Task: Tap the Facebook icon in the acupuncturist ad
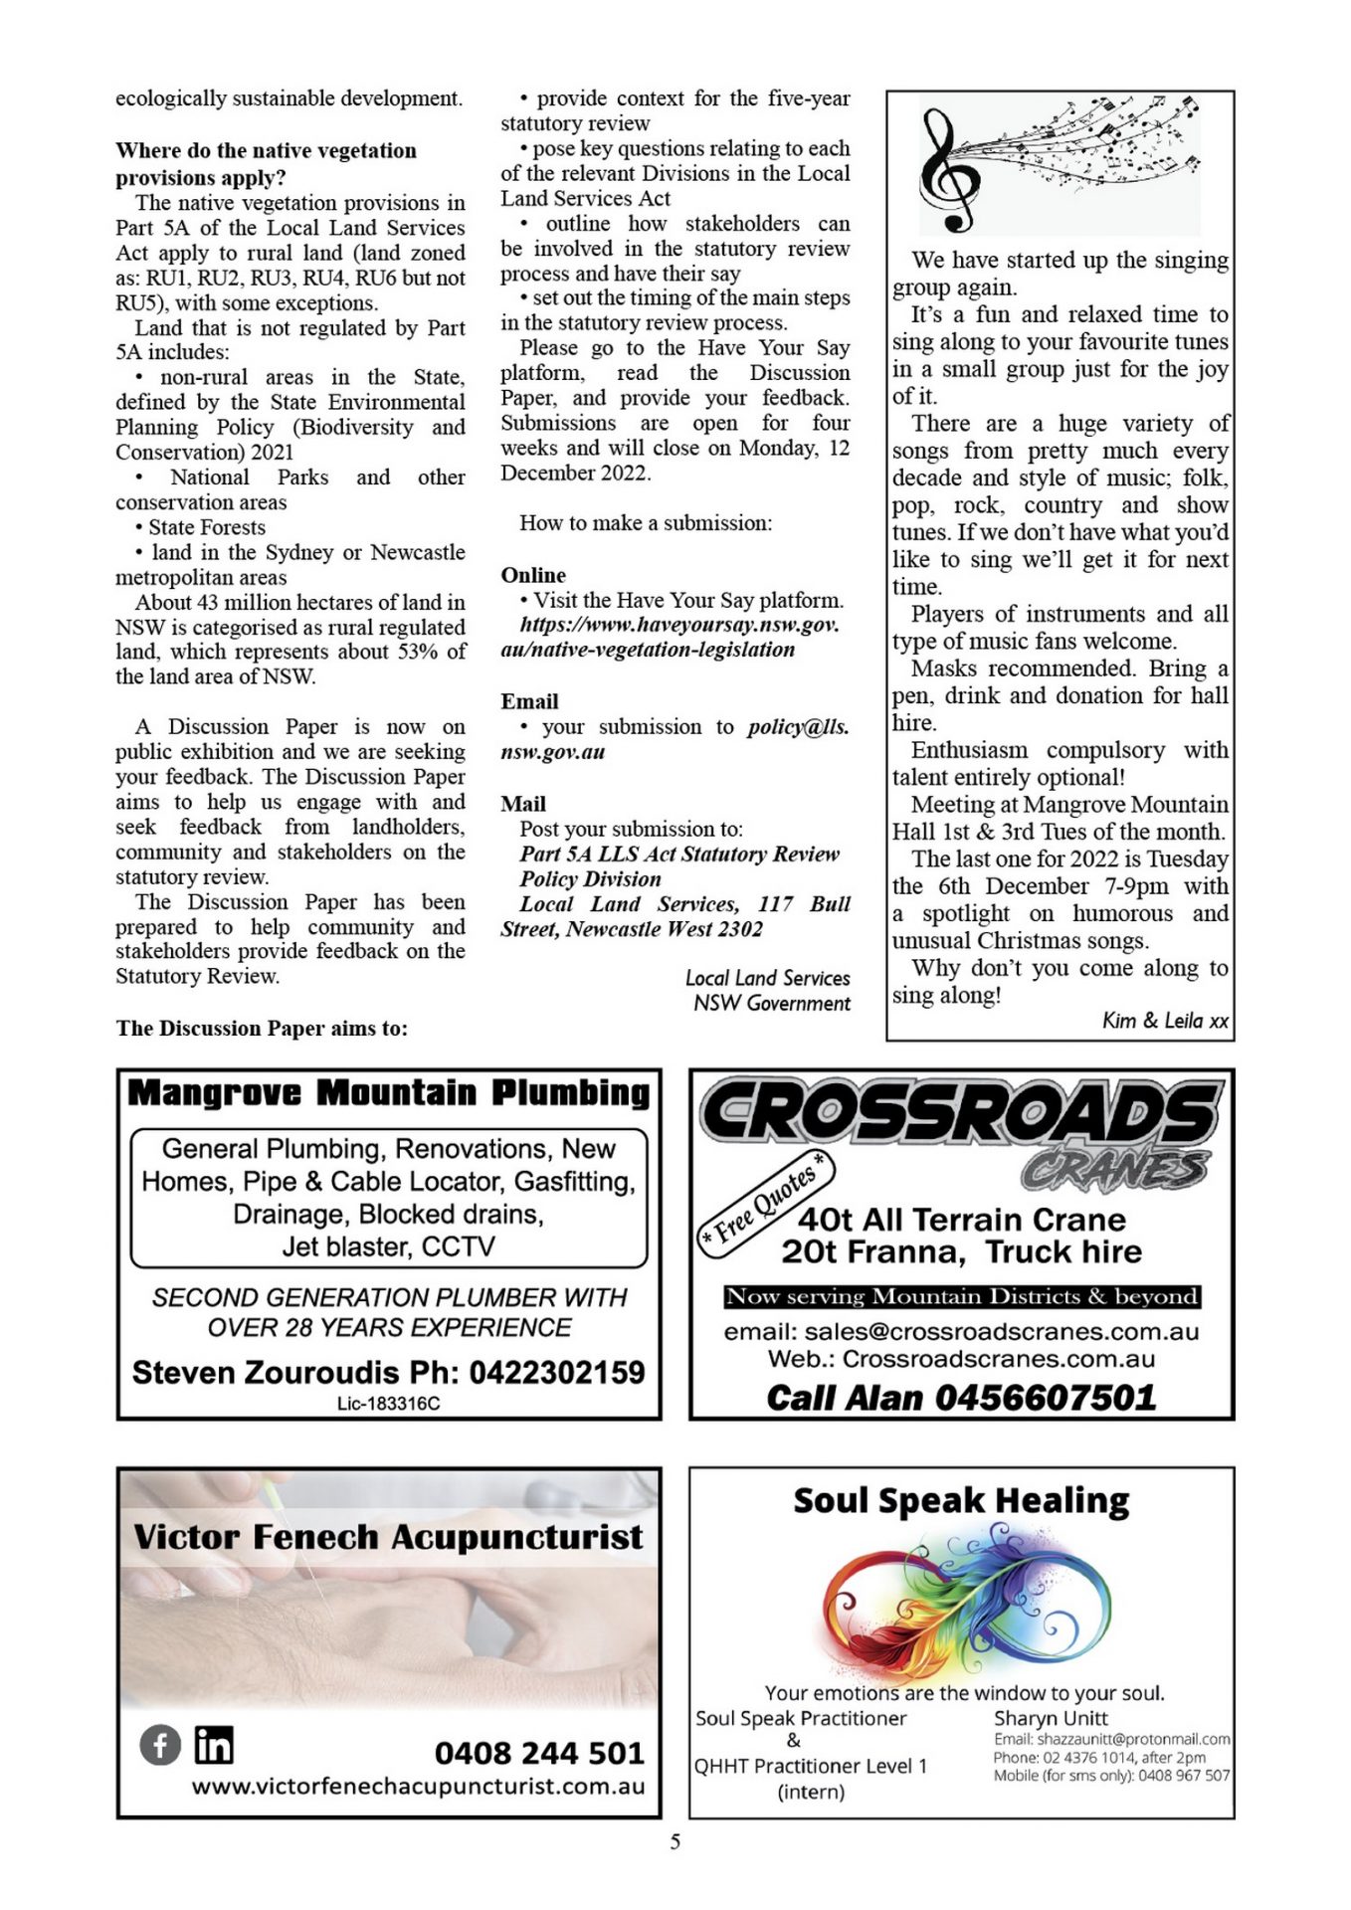[x=159, y=1745]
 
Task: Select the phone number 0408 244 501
[x=539, y=1752]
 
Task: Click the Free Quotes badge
[x=763, y=1203]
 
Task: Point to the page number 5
[x=675, y=1841]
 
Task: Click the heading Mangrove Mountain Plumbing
[x=388, y=1092]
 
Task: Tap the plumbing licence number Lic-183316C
[x=388, y=1404]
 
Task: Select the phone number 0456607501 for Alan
[x=1046, y=1398]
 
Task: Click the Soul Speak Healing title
[x=961, y=1500]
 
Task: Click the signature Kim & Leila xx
[x=1165, y=1021]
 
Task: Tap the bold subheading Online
[x=533, y=575]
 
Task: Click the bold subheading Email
[x=529, y=701]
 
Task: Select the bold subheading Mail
[x=523, y=804]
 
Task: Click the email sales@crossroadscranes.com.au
[x=1001, y=1331]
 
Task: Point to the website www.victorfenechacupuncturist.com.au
[x=418, y=1786]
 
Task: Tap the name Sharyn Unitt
[x=1051, y=1718]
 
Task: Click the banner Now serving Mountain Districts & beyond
[x=961, y=1296]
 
